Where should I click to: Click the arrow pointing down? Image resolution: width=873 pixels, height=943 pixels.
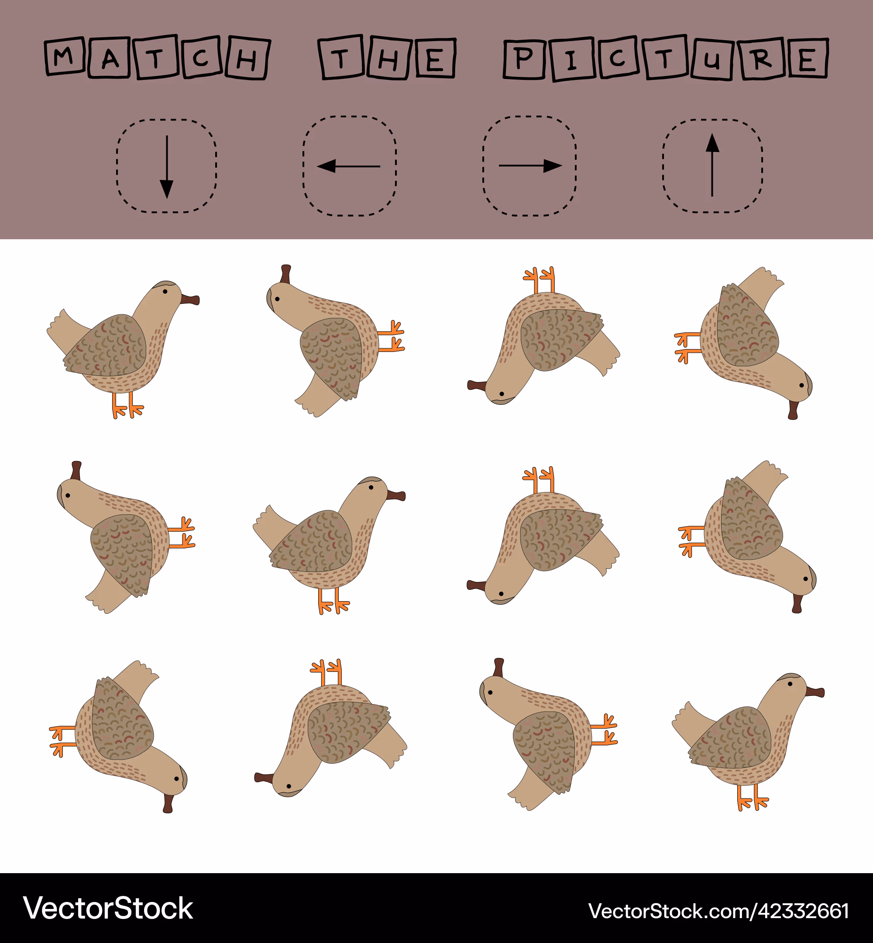point(166,167)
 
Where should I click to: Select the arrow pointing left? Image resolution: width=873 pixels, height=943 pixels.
point(349,166)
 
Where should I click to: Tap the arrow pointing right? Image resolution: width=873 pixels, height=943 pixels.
point(530,165)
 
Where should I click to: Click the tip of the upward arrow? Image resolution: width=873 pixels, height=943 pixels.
point(712,134)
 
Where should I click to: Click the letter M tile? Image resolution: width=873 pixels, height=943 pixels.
point(65,56)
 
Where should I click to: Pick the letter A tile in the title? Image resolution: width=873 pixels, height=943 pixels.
point(109,58)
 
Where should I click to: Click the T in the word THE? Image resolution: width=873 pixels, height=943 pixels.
point(341,57)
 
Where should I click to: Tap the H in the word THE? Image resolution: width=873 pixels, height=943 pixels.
point(389,58)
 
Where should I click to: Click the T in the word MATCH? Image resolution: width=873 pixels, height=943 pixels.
point(155,57)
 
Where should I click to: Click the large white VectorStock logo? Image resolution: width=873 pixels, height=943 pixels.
point(108,908)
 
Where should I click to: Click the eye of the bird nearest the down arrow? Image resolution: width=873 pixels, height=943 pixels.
point(165,292)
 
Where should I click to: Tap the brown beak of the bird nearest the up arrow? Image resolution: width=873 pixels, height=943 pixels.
point(793,410)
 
